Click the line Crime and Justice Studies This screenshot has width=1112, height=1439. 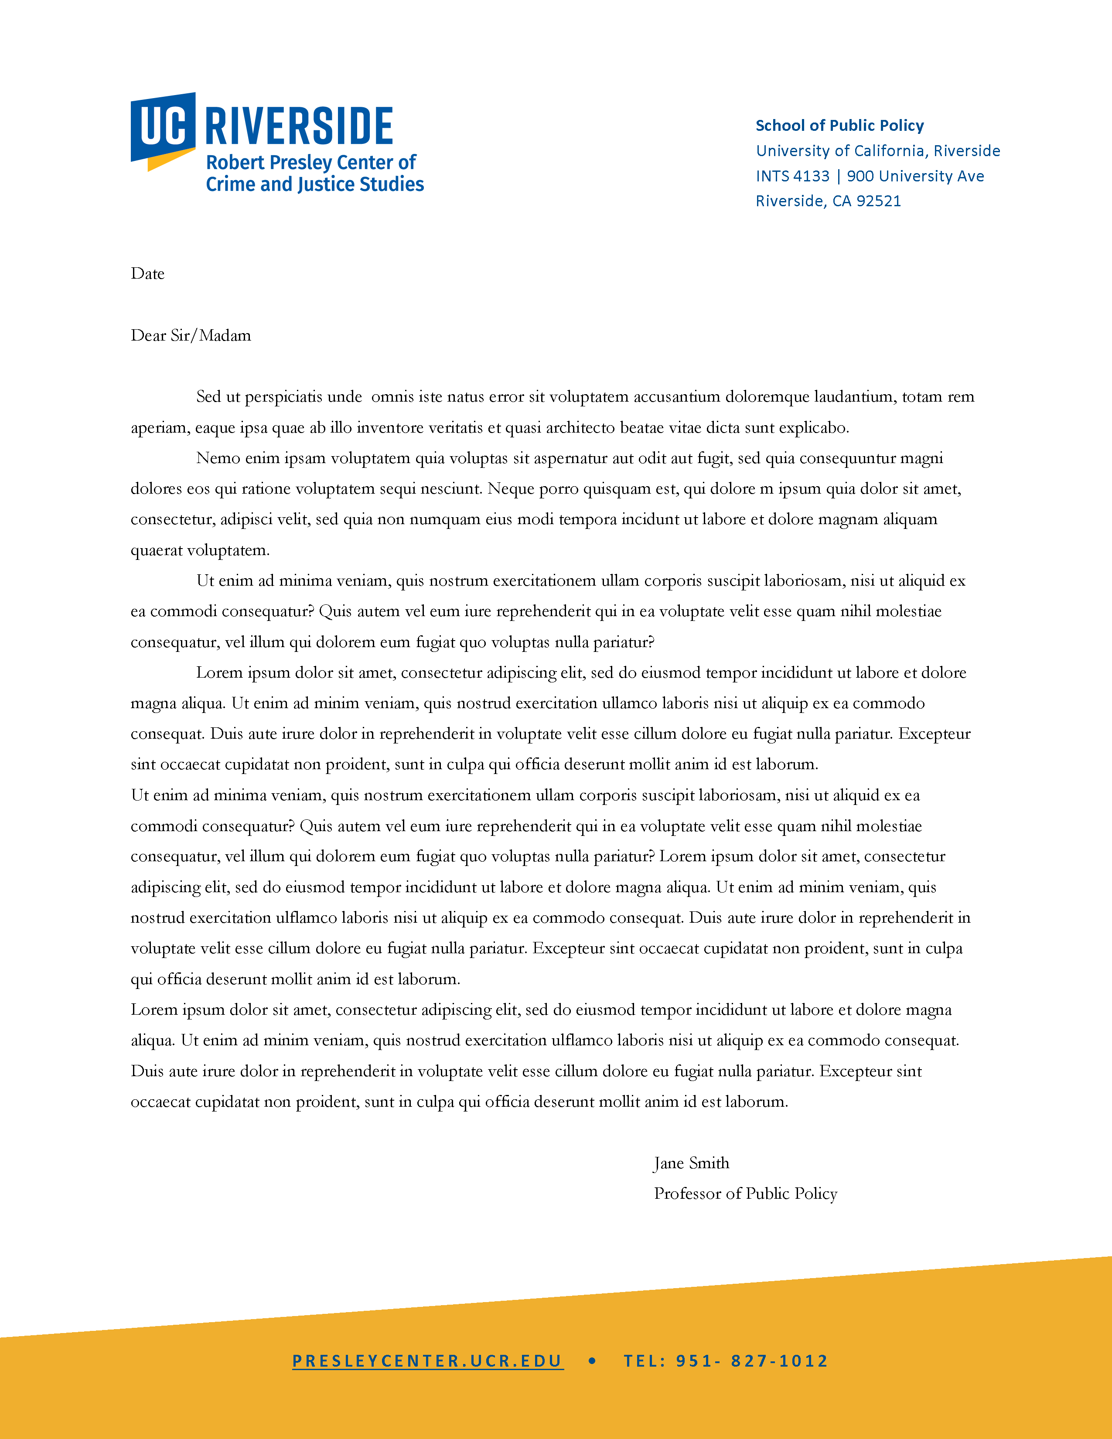click(x=315, y=184)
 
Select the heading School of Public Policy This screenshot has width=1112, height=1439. click(x=839, y=126)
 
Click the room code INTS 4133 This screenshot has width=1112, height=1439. click(x=792, y=176)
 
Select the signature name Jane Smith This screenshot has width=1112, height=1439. click(x=691, y=1163)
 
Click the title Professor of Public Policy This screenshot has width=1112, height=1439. click(x=745, y=1194)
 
